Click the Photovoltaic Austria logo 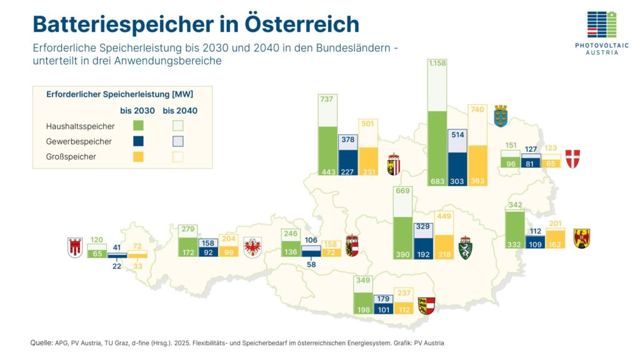click(x=601, y=32)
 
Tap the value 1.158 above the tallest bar click(x=437, y=64)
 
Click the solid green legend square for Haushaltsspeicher click(x=138, y=126)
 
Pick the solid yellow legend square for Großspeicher click(x=138, y=157)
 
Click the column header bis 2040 click(x=180, y=111)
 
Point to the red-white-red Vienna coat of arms click(x=572, y=159)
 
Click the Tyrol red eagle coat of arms click(x=252, y=247)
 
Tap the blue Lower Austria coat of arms click(x=501, y=115)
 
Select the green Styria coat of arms click(x=466, y=247)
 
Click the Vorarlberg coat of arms click(x=75, y=247)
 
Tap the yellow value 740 click(x=477, y=109)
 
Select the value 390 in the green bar click(x=402, y=254)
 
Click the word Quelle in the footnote click(x=41, y=343)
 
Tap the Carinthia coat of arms click(x=426, y=306)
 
